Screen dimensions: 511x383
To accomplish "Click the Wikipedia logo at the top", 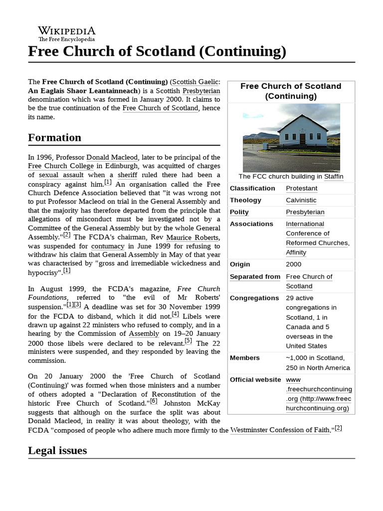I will (x=67, y=33).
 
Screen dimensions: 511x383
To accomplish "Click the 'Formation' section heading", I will (x=54, y=137).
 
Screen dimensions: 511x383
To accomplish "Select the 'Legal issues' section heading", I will (x=57, y=450).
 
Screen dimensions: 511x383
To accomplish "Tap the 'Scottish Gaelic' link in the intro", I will (x=195, y=81).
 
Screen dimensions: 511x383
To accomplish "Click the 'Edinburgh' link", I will (x=120, y=166).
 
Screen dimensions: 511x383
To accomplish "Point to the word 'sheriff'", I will (x=127, y=175).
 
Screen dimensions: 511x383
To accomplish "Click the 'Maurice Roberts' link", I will (x=193, y=237).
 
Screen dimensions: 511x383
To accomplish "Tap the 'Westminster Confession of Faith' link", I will (x=280, y=430).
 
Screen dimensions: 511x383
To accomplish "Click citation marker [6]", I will (x=154, y=401).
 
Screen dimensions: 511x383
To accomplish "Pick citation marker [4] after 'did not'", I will (x=175, y=314).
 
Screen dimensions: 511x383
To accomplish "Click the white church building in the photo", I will (x=299, y=130).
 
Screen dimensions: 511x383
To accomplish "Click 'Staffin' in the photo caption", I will (x=334, y=177).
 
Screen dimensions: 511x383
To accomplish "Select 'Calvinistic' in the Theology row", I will (x=301, y=200).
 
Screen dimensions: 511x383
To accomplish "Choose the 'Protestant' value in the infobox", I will (x=301, y=188).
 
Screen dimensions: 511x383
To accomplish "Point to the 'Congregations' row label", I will (x=254, y=298).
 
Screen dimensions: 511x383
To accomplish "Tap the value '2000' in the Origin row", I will (x=293, y=264).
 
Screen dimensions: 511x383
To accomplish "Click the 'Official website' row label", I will (x=255, y=380).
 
